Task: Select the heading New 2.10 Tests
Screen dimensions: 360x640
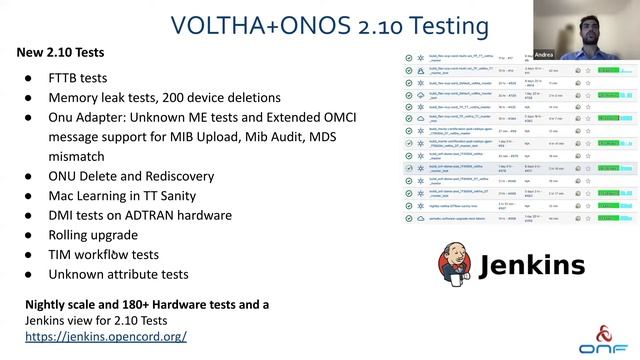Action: [x=60, y=51]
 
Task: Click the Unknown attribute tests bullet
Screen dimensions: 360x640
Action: [x=119, y=274]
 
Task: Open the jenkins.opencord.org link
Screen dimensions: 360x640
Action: [x=106, y=337]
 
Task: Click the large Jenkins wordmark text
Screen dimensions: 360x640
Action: [x=531, y=266]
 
